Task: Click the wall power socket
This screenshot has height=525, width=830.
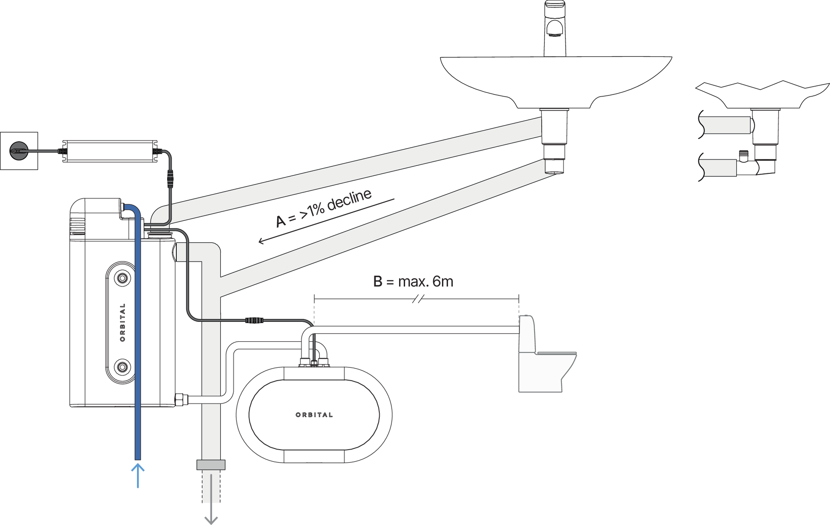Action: coord(19,151)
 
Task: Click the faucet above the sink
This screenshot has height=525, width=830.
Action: coord(555,29)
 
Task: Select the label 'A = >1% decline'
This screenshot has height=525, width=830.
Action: coord(324,208)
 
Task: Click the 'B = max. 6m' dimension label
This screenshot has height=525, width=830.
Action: coord(413,282)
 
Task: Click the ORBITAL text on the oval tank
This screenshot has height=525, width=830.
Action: coord(314,415)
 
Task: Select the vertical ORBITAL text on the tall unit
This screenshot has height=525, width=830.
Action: coord(122,322)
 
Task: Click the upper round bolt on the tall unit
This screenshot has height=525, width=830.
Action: coord(122,278)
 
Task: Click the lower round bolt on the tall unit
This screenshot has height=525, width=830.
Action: coord(122,367)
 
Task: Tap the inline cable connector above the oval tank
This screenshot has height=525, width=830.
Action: coord(254,320)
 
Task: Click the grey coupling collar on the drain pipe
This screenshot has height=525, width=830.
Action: coord(211,464)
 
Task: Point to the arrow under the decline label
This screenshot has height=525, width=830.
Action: coord(326,221)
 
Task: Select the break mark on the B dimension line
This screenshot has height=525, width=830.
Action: coord(418,299)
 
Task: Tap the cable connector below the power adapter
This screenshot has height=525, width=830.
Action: coord(170,179)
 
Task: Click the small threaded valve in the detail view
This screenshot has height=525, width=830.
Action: coord(744,156)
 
